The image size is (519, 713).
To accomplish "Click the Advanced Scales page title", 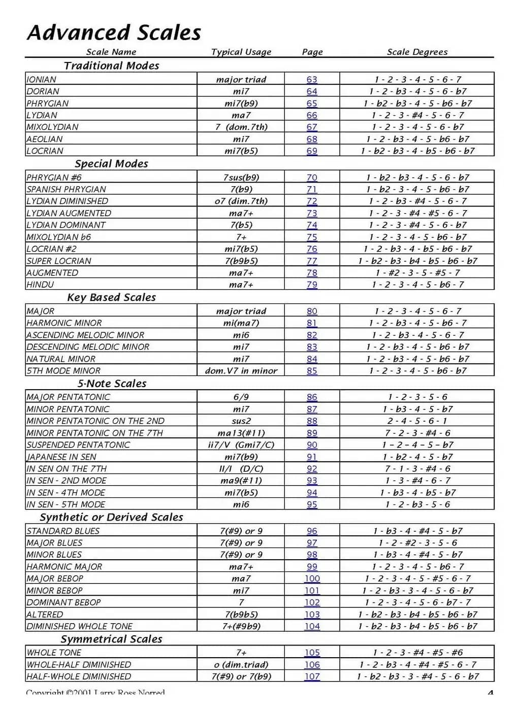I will [x=114, y=32].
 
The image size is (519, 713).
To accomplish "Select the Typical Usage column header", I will [x=241, y=52].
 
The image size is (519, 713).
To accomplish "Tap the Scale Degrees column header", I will [x=417, y=52].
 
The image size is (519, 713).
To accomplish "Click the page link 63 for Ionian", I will [x=312, y=80].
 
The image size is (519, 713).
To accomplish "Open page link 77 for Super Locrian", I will [x=312, y=261].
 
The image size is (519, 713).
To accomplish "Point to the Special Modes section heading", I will [x=111, y=164].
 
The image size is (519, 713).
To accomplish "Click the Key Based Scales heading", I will [x=111, y=297].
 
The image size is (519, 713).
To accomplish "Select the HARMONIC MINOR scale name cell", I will [x=64, y=323].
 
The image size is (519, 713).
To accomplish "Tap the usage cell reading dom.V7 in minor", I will [x=241, y=370].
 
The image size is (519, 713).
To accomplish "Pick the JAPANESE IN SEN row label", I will [x=61, y=457].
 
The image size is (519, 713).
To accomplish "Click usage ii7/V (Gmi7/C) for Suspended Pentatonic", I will [x=241, y=445].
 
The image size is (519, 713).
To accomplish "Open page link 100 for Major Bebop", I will [x=312, y=579].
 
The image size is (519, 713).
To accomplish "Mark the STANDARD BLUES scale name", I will [x=63, y=531].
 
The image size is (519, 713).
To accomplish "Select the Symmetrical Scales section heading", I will [x=111, y=639].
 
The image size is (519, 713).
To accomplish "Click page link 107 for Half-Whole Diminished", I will [x=312, y=676].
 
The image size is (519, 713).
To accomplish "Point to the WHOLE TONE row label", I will [x=54, y=653].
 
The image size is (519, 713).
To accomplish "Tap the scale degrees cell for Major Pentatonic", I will [x=417, y=397].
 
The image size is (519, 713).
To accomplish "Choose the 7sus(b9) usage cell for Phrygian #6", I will [x=241, y=178].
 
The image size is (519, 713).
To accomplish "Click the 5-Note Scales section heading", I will [x=112, y=384].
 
